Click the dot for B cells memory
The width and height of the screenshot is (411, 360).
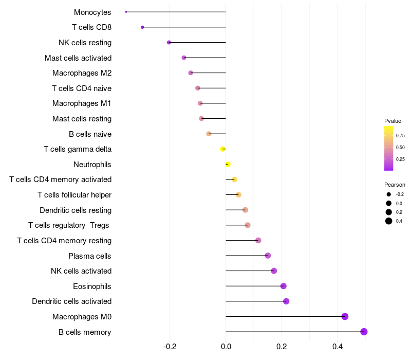click(x=364, y=332)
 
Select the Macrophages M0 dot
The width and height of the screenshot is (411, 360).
click(x=345, y=316)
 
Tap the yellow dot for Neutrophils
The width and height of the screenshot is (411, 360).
click(x=228, y=165)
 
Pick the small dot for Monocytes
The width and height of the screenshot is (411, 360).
click(x=126, y=12)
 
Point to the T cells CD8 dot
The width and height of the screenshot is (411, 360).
click(x=142, y=27)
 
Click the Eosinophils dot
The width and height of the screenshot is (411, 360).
click(x=283, y=286)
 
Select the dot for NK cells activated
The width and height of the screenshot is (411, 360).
click(x=274, y=271)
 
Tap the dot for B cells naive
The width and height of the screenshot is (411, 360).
click(x=209, y=134)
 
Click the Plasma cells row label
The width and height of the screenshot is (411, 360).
click(x=90, y=256)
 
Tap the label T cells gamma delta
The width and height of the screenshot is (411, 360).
click(x=78, y=149)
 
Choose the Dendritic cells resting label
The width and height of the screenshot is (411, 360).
click(x=76, y=210)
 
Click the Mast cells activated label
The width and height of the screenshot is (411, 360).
click(x=78, y=58)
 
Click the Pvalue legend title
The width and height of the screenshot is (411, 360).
click(x=393, y=121)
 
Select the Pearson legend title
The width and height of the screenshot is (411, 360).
click(x=395, y=185)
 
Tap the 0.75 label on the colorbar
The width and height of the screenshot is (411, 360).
click(x=400, y=136)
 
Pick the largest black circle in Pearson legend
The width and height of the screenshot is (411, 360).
click(x=389, y=221)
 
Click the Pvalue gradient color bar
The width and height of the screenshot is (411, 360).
click(x=389, y=148)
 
